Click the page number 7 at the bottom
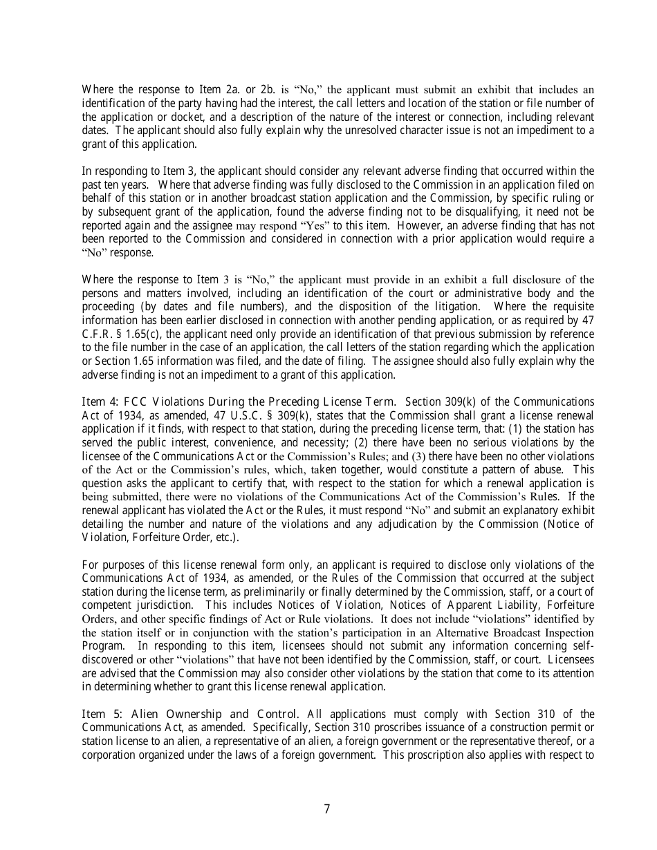tap(327, 809)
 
